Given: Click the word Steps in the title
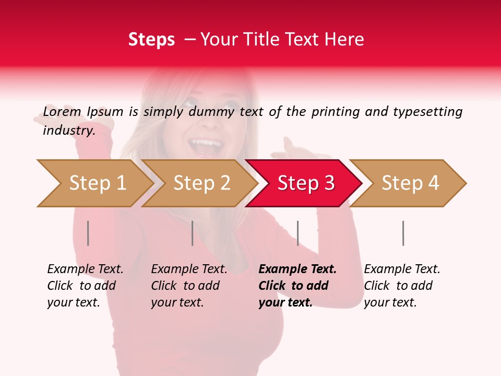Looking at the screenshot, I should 151,40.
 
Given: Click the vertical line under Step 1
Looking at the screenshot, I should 88,233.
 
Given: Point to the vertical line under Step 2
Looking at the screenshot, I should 193,233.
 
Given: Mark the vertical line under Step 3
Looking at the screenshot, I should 297,233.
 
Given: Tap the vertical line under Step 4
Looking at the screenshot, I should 403,233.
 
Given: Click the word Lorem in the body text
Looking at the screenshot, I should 62,112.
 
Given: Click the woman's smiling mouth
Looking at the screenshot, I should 205,145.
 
